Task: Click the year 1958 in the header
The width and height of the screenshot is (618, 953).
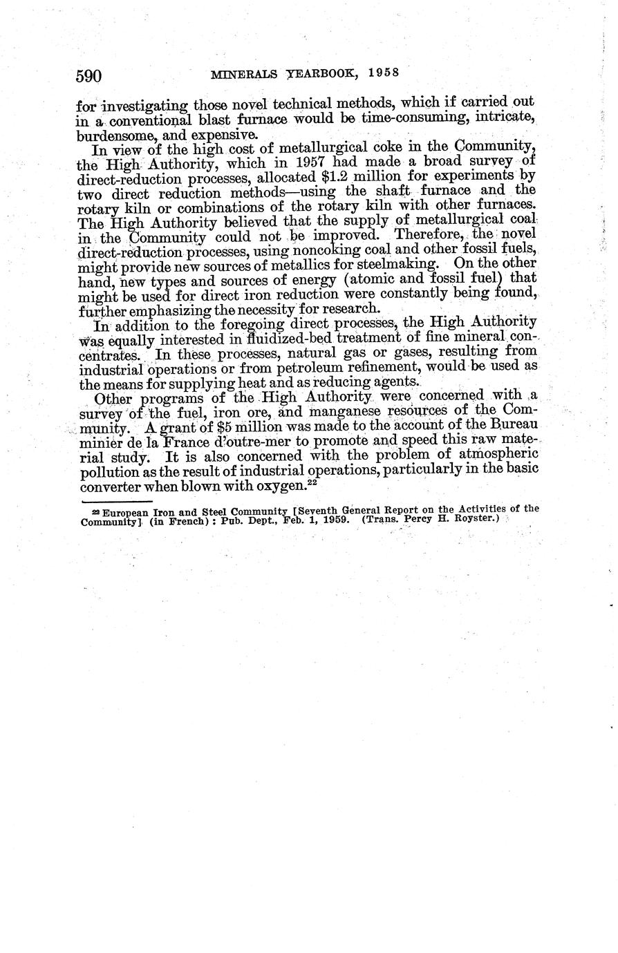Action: coord(385,73)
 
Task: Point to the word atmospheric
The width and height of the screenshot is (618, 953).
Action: coord(492,457)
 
